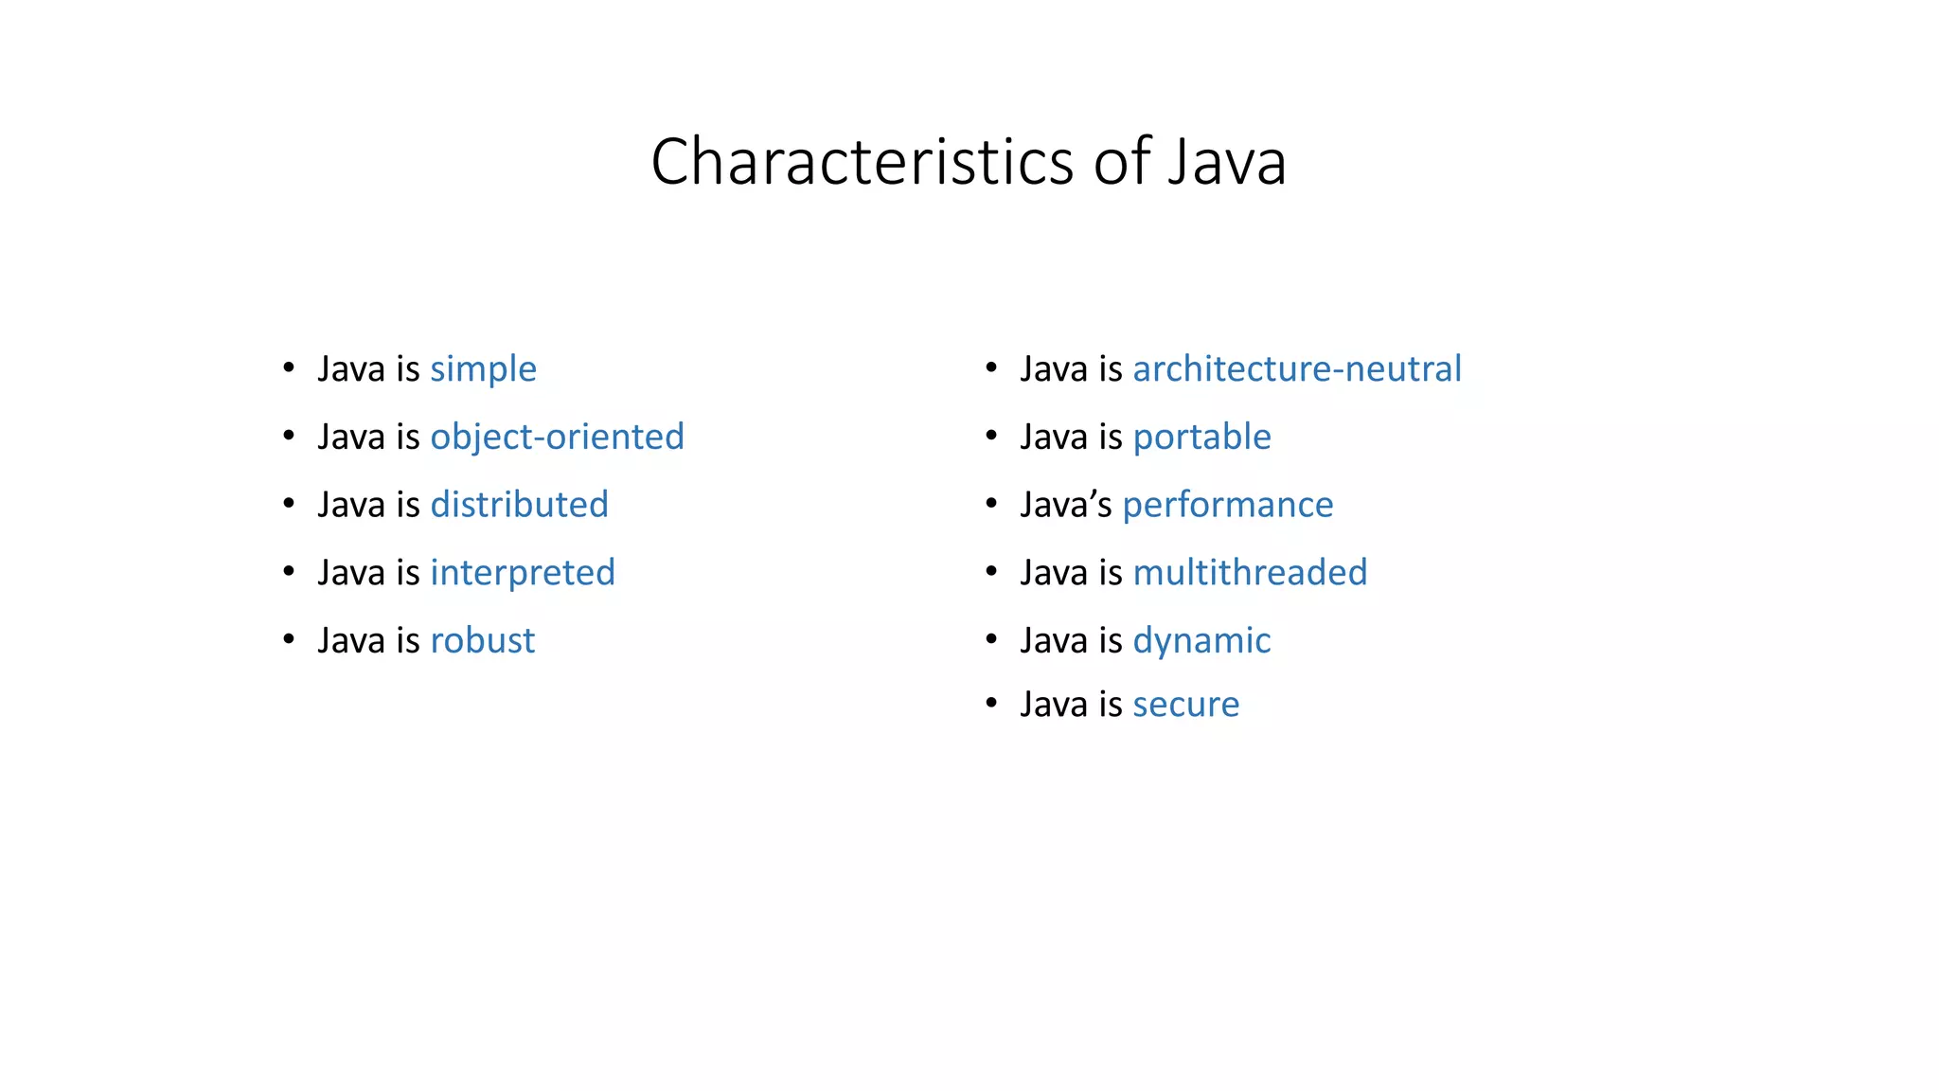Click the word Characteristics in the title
(x=863, y=162)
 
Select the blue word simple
(x=483, y=369)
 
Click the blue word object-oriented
(x=557, y=438)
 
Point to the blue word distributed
(x=519, y=505)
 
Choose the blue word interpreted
(x=523, y=573)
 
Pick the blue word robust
(x=482, y=641)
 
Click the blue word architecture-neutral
(x=1296, y=369)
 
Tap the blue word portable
(x=1201, y=438)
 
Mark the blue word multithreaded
(x=1250, y=573)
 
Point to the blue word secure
(x=1185, y=705)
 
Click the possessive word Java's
(x=1065, y=505)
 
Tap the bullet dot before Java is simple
(x=289, y=367)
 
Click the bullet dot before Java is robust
(x=289, y=639)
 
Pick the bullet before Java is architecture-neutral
(x=991, y=367)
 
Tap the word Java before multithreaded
(x=1053, y=573)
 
